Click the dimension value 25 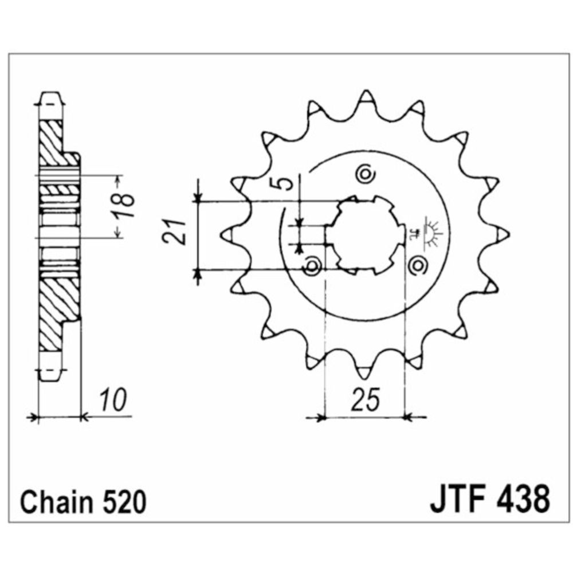click(x=365, y=401)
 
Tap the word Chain click(x=57, y=503)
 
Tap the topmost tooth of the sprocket click(x=365, y=99)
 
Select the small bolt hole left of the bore click(x=312, y=265)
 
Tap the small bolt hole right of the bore click(x=418, y=265)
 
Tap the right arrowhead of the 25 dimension click(x=408, y=417)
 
